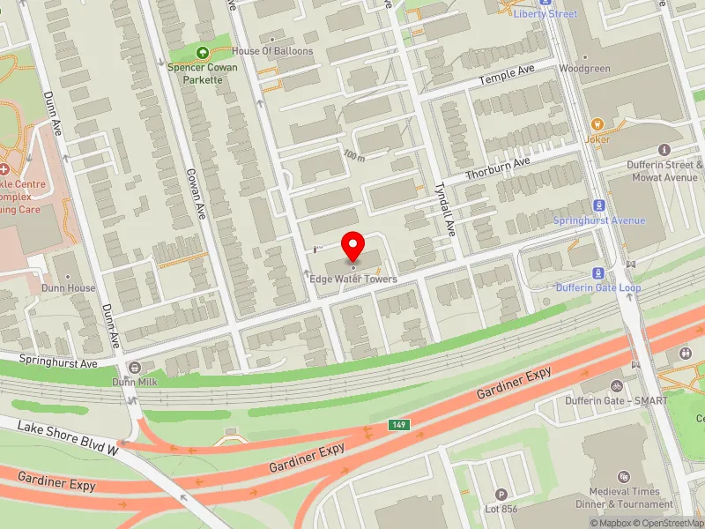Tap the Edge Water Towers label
point(353,279)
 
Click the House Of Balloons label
point(272,51)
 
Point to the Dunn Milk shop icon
point(134,367)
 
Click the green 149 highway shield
point(399,426)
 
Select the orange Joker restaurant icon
point(598,124)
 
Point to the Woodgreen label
point(584,68)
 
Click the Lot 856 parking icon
point(501,495)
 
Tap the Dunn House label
point(67,288)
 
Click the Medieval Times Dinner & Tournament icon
point(625,476)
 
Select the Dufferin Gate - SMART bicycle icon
point(617,385)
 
